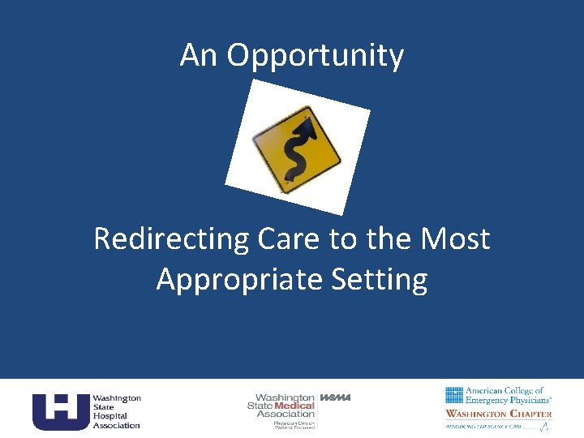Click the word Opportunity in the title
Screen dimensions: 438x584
click(x=316, y=57)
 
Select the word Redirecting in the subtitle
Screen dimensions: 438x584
click(x=170, y=239)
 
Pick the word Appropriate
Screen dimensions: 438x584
click(x=238, y=280)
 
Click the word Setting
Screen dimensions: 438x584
click(x=380, y=280)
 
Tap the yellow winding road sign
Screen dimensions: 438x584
click(x=296, y=147)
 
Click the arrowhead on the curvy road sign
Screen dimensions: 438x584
click(x=308, y=125)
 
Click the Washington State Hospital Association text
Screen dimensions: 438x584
click(x=116, y=411)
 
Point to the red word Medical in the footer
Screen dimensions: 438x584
click(x=294, y=406)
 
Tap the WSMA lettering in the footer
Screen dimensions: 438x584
click(x=335, y=397)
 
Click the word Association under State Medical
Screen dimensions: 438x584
click(x=286, y=414)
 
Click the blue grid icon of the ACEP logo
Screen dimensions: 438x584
click(x=453, y=395)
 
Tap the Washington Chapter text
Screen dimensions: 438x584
click(x=498, y=414)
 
